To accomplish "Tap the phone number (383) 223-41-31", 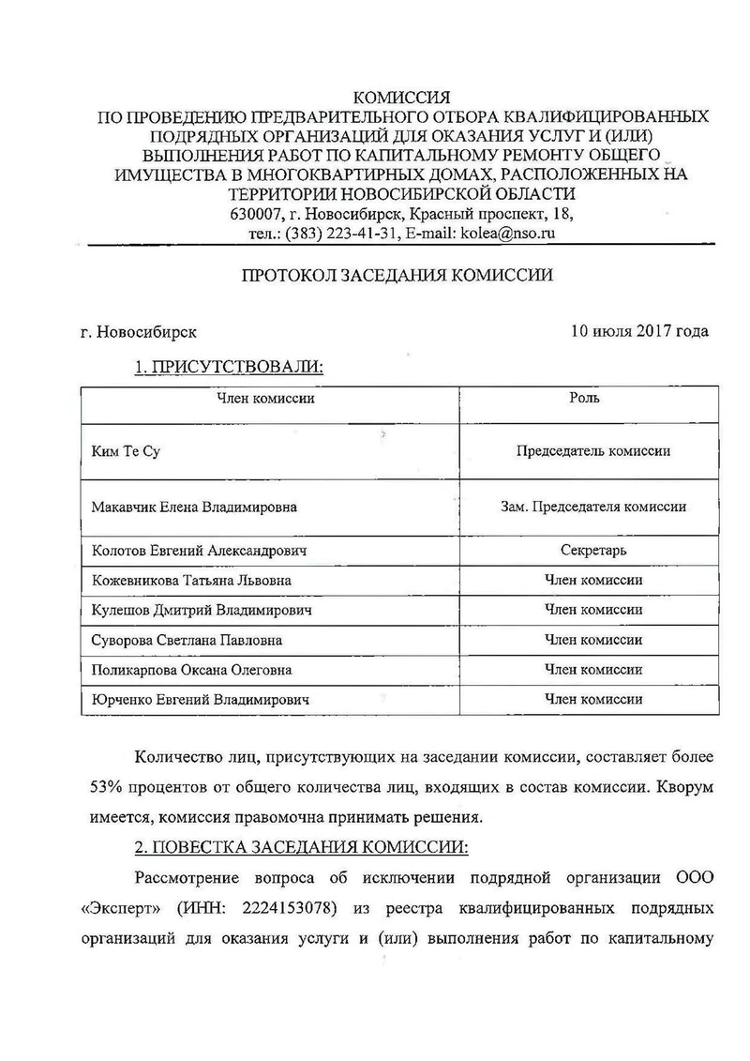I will (x=339, y=235).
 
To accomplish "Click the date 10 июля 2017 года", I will (x=639, y=331).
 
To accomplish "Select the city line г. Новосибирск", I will (x=140, y=332).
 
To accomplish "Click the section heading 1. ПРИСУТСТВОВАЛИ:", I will (x=229, y=367).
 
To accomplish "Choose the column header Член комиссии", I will (x=265, y=399).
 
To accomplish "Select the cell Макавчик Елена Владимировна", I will (x=194, y=508).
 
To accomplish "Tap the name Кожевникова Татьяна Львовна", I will (x=191, y=581).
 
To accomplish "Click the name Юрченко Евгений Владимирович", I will (x=200, y=700).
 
